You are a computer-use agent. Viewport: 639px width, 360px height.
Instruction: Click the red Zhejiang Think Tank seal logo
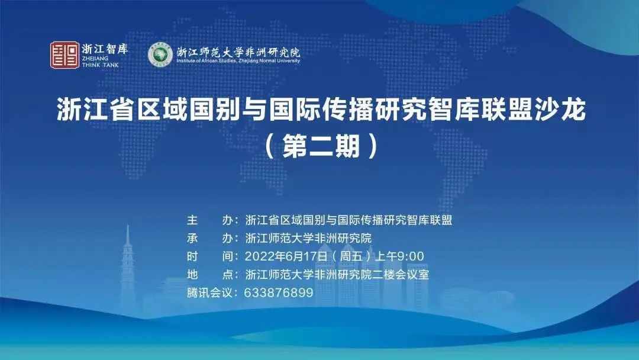[65, 55]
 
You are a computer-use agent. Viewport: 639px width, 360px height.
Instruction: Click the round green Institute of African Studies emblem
[160, 54]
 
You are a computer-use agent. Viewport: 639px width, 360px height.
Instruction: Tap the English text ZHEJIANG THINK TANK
[100, 62]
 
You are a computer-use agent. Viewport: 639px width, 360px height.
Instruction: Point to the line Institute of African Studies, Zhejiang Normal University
[238, 61]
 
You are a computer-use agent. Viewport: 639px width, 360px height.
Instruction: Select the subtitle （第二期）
[321, 146]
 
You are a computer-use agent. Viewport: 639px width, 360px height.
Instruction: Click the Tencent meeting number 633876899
[279, 292]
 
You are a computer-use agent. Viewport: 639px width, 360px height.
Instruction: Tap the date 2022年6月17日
[286, 256]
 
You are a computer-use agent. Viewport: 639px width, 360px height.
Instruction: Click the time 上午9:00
[399, 256]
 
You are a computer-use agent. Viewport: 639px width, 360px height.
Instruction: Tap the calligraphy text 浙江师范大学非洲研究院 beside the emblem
[238, 52]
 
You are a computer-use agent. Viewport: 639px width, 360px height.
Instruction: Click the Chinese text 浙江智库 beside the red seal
[105, 49]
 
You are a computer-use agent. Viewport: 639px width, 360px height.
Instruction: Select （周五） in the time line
[351, 256]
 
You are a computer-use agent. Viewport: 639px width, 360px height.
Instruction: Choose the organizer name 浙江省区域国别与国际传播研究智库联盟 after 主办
[349, 220]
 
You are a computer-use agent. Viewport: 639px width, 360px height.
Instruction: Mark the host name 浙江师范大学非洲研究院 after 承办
[308, 238]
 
